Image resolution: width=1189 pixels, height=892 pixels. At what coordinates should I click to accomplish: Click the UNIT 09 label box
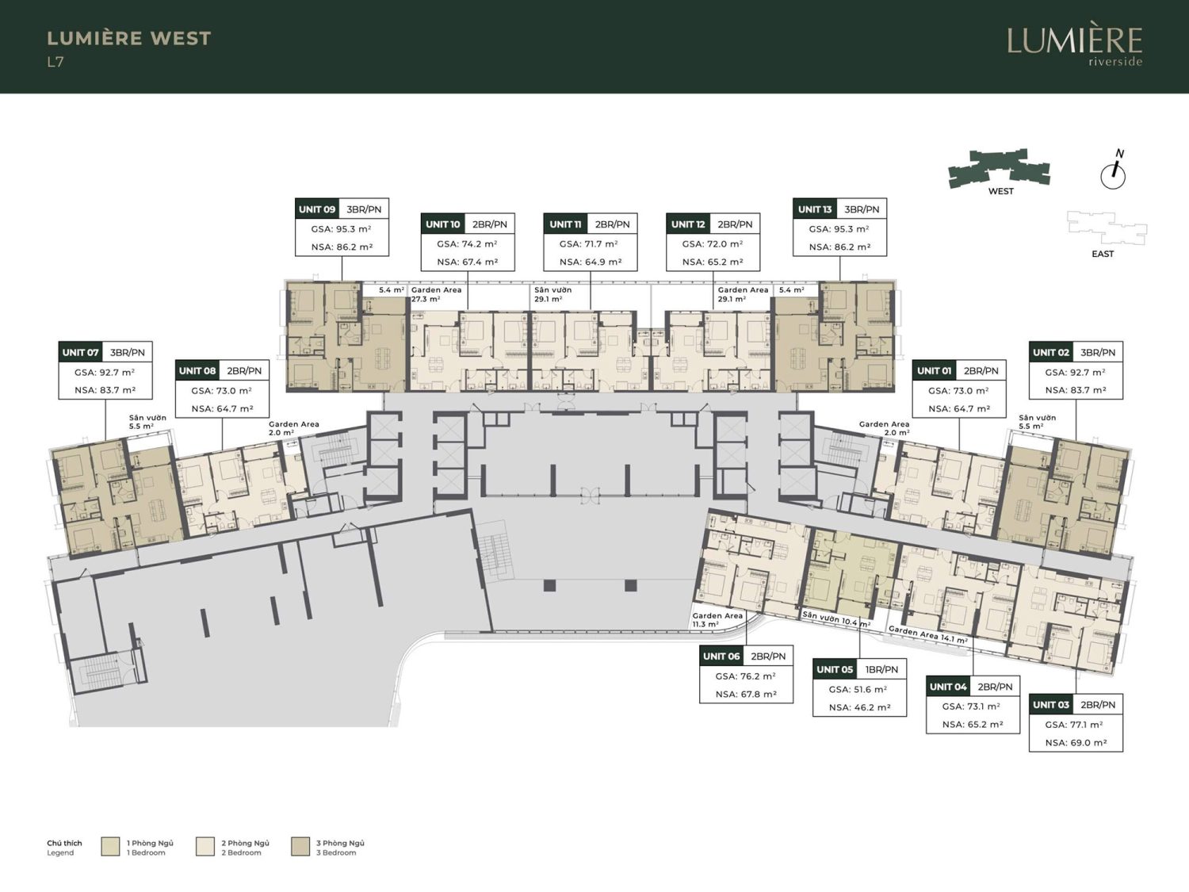pyautogui.click(x=342, y=227)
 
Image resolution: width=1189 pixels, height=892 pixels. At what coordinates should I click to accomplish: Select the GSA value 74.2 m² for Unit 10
pyautogui.click(x=468, y=243)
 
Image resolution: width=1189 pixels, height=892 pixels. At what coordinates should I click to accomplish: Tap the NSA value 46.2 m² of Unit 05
pyautogui.click(x=860, y=707)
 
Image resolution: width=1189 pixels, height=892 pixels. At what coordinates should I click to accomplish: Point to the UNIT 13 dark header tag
pyautogui.click(x=815, y=209)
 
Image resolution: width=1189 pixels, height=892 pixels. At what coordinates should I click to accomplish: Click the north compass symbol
pyautogui.click(x=1113, y=170)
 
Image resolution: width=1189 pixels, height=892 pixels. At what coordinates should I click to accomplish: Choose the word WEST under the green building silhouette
pyautogui.click(x=1000, y=191)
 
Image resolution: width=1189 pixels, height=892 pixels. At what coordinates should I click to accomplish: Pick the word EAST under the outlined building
pyautogui.click(x=1103, y=254)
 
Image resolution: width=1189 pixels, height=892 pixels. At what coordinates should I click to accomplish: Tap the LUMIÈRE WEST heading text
pyautogui.click(x=129, y=38)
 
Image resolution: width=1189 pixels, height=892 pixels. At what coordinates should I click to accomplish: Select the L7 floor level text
pyautogui.click(x=55, y=63)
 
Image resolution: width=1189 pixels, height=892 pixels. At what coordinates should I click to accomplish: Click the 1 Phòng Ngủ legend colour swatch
pyautogui.click(x=110, y=847)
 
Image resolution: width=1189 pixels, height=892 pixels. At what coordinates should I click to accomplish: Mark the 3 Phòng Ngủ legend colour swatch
pyautogui.click(x=300, y=847)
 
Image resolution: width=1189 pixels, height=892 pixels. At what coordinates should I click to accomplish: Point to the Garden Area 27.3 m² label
pyautogui.click(x=436, y=294)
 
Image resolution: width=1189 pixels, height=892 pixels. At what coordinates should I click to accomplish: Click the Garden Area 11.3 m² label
pyautogui.click(x=717, y=620)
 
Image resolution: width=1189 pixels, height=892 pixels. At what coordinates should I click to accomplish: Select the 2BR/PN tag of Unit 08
pyautogui.click(x=244, y=371)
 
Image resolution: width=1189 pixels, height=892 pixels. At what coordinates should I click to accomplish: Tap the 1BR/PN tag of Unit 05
pyautogui.click(x=881, y=669)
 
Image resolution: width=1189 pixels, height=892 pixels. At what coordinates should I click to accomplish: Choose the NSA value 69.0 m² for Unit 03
pyautogui.click(x=1076, y=742)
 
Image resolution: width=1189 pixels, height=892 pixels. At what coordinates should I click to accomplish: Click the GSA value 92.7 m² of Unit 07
pyautogui.click(x=105, y=373)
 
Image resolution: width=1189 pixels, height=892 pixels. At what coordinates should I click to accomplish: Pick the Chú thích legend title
pyautogui.click(x=64, y=844)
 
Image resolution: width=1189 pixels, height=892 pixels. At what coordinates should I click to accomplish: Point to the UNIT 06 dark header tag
pyautogui.click(x=721, y=657)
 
